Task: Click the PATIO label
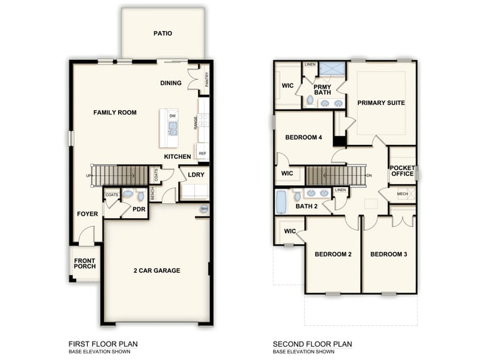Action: coord(163,33)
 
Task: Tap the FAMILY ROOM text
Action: coord(115,112)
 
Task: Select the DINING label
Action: coord(171,83)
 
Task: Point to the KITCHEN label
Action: coord(177,157)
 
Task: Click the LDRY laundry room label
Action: coord(196,175)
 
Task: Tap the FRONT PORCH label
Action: coord(85,262)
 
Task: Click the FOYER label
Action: coord(86,214)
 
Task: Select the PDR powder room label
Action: coord(138,209)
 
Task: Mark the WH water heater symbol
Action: coord(203,210)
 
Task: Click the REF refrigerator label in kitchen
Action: coord(202,154)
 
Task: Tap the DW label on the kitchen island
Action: coord(172,116)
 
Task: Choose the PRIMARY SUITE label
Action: coord(381,103)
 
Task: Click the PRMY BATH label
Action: coord(322,89)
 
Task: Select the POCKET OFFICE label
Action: coord(402,171)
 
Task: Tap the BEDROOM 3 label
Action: coord(388,254)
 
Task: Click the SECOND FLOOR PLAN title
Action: coord(312,344)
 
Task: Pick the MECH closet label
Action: coord(402,194)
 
